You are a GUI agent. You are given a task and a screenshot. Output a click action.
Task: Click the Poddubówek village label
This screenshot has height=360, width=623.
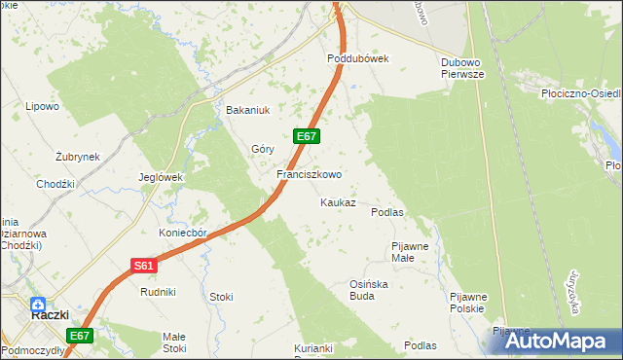[357, 58]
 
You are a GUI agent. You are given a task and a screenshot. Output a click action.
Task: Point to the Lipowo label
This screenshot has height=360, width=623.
[43, 107]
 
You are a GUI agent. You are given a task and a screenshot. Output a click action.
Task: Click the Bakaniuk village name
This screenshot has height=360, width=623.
[246, 110]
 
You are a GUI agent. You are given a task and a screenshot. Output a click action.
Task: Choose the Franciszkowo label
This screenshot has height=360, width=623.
[309, 175]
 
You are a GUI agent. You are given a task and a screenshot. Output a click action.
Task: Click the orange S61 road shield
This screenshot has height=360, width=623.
[143, 265]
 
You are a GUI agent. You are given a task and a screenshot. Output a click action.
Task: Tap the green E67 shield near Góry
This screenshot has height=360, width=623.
[306, 137]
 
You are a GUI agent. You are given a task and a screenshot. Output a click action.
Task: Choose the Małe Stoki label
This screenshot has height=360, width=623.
[174, 342]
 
